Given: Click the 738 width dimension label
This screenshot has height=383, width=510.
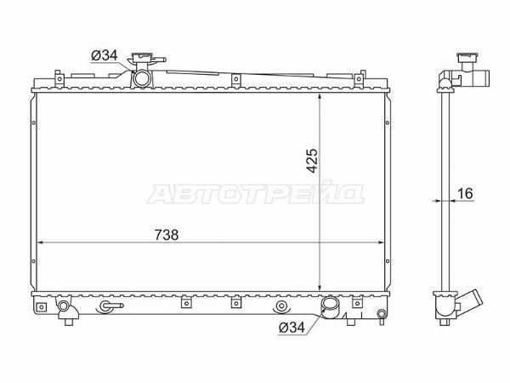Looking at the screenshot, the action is point(167,235).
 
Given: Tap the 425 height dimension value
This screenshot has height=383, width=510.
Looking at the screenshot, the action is point(312,161).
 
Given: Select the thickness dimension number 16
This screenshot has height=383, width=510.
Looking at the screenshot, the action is point(465,194).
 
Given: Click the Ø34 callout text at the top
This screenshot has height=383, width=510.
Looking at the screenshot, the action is point(105,55).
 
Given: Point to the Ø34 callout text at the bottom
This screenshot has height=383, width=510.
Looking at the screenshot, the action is point(292,328).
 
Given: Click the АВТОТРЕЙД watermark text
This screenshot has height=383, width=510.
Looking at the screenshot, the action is point(255,193).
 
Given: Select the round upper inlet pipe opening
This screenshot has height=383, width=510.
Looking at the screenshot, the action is point(142,79).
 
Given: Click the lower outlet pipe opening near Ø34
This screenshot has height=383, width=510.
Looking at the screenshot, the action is point(330,306).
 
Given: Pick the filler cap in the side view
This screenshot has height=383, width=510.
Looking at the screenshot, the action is point(467,58).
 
